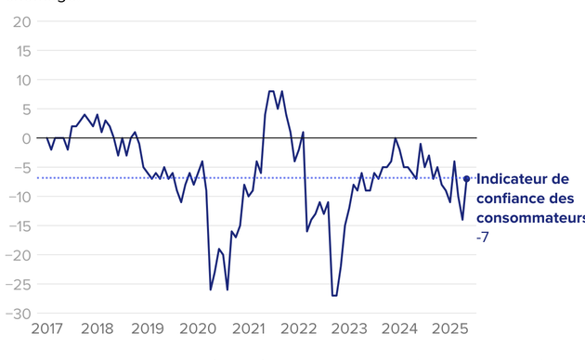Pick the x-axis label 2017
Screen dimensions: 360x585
click(47, 329)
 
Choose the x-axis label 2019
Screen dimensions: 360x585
click(148, 329)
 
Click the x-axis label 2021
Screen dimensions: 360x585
click(248, 329)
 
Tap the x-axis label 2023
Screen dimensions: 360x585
click(349, 329)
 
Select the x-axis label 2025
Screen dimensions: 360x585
click(449, 329)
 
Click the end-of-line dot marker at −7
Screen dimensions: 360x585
click(466, 179)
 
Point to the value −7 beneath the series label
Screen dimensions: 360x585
click(483, 238)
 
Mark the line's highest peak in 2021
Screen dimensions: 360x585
click(271, 91)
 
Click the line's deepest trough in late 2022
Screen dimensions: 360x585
click(334, 295)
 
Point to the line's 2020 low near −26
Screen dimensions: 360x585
click(211, 289)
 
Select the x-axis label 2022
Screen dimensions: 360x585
click(298, 329)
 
